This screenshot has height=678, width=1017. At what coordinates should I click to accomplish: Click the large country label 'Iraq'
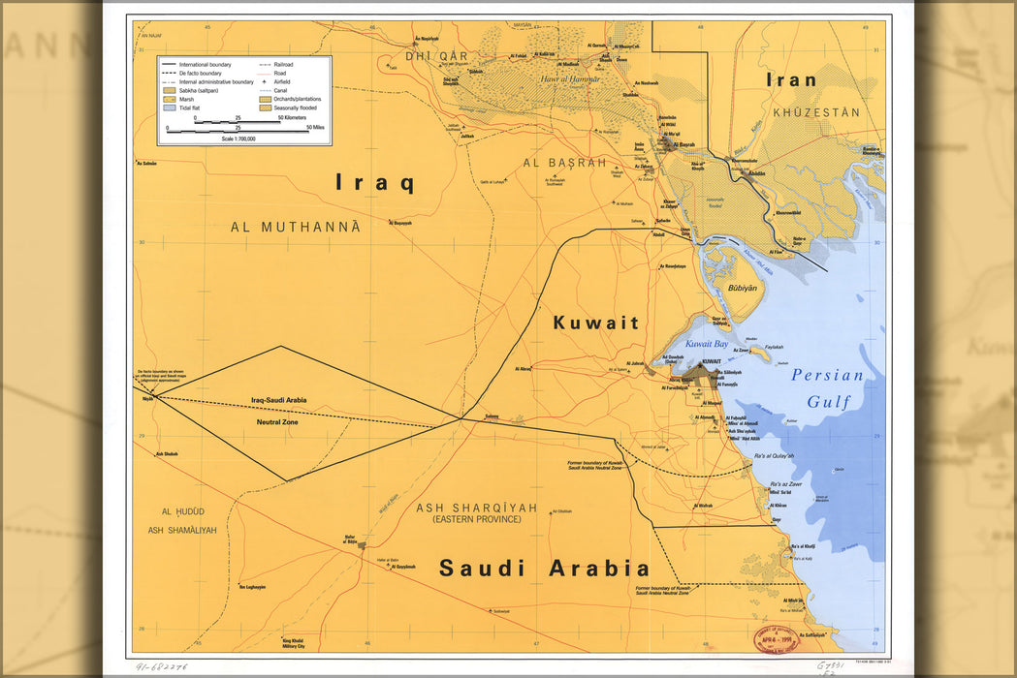[x=375, y=182]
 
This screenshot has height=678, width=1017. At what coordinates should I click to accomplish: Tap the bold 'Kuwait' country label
[x=596, y=323]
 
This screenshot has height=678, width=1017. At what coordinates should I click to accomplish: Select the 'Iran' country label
[x=791, y=79]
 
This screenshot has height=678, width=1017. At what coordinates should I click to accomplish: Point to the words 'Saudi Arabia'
[x=544, y=569]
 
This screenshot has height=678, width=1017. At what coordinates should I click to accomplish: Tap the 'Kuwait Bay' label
[x=707, y=344]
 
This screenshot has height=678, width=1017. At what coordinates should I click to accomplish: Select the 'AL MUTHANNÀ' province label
[x=296, y=227]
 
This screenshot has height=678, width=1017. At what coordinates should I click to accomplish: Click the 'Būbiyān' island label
[x=742, y=289]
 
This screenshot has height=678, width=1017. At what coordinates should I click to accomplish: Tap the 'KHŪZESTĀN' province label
[x=816, y=112]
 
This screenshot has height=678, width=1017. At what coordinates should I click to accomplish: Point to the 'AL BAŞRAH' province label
[x=564, y=163]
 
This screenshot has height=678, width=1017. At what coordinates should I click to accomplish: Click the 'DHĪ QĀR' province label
[x=429, y=56]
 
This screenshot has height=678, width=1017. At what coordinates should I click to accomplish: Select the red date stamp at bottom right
[x=775, y=639]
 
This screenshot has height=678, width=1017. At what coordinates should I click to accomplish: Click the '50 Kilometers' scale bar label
[x=296, y=117]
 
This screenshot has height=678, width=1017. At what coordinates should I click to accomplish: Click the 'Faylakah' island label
[x=774, y=347]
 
